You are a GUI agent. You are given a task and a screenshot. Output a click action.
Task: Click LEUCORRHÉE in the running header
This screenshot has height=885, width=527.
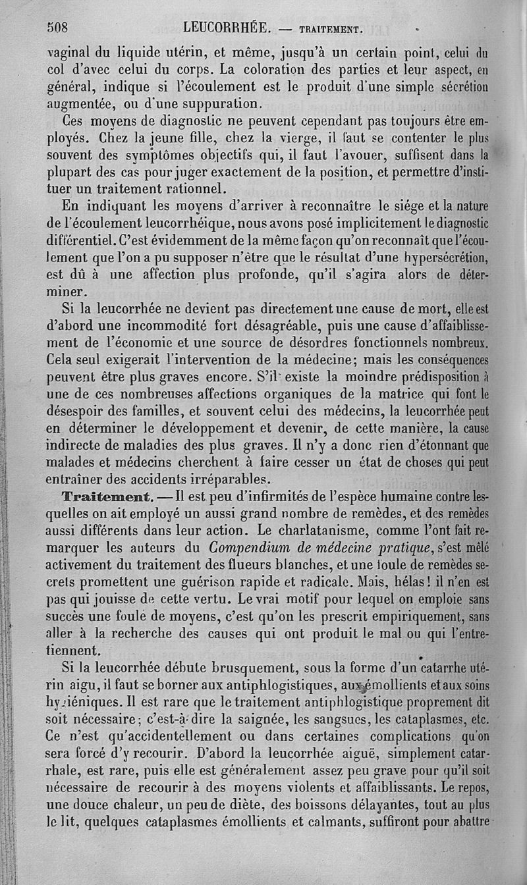[227, 28]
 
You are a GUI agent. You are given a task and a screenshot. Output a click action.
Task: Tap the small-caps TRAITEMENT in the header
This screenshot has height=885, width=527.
[329, 29]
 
